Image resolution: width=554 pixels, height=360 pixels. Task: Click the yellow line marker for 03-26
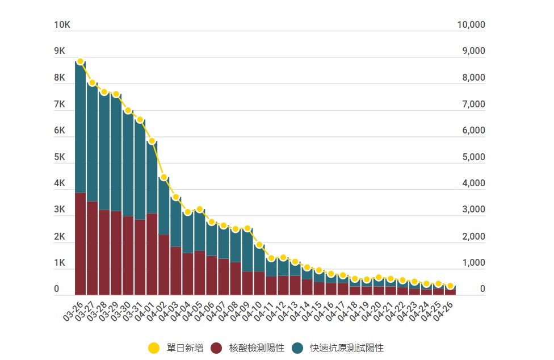pos(81,61)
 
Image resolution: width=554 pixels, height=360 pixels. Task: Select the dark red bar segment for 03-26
pos(81,244)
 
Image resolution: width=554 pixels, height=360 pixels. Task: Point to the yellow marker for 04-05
pos(200,210)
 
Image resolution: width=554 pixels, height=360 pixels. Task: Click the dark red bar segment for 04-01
pos(152,254)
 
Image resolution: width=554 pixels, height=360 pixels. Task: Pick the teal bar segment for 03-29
pos(116,153)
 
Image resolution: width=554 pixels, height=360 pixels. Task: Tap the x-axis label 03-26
pos(73,312)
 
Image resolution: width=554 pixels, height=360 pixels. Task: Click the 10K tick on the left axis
pos(62,25)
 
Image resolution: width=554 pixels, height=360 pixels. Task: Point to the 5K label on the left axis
pos(60,157)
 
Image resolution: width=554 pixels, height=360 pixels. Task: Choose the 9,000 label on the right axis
pos(471,51)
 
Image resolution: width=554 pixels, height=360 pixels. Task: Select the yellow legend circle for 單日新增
pos(153,348)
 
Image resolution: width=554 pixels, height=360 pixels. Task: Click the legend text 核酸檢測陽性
pos(257,348)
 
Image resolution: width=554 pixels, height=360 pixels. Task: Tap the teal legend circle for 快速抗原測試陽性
pos(299,348)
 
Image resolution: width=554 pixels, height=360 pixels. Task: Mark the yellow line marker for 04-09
pos(247,228)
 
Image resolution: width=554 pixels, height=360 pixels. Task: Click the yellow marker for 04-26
pos(450,286)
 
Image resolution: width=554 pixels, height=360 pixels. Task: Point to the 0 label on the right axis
pos(482,290)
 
